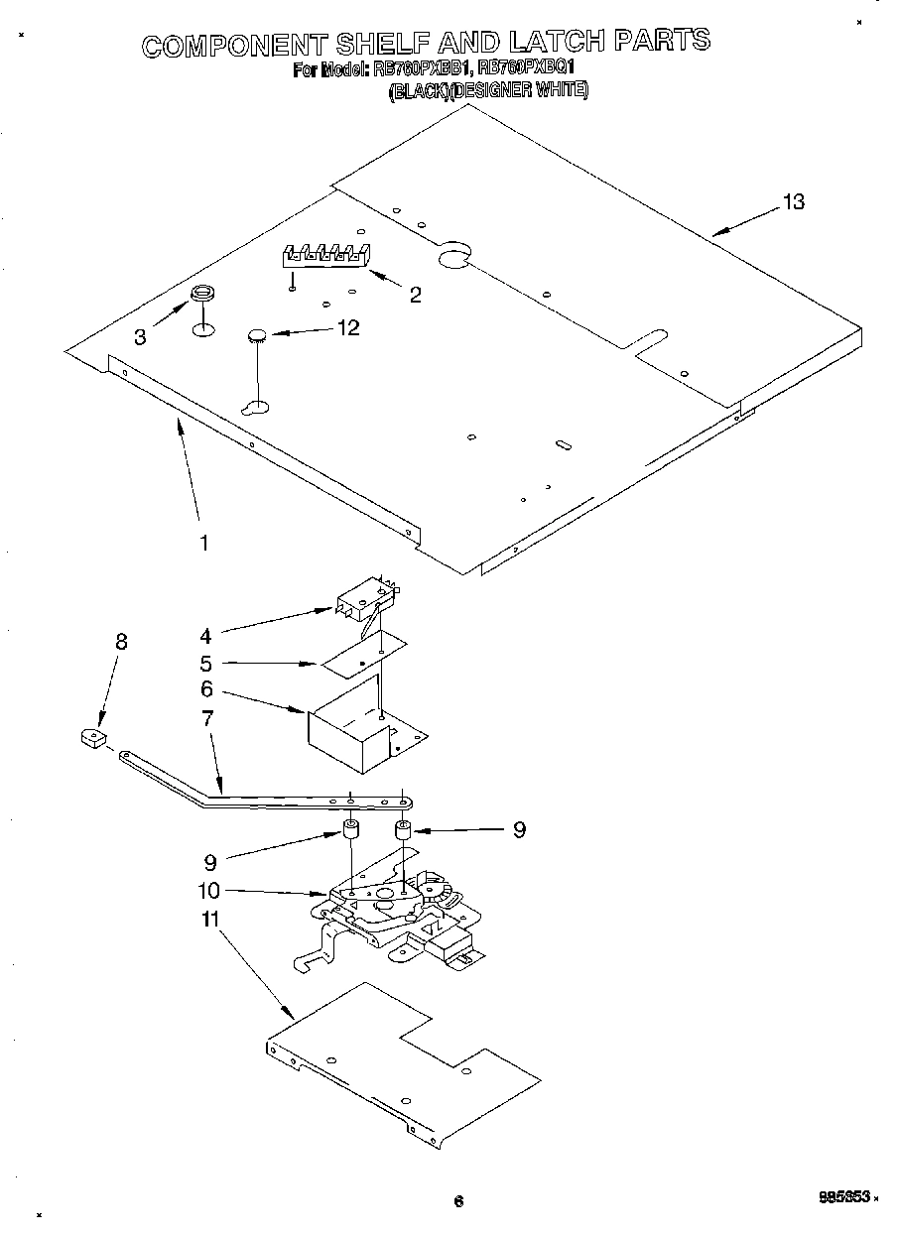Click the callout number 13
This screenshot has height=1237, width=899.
[793, 202]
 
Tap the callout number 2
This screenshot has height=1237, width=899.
[415, 294]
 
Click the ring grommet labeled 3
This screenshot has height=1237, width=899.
[202, 294]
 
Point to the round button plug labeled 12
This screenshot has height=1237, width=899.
[259, 336]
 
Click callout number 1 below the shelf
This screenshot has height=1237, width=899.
[204, 543]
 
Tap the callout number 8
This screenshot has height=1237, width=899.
[121, 641]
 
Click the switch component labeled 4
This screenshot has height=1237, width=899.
[362, 600]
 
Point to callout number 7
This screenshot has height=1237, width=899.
[206, 718]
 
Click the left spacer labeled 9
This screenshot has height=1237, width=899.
[351, 830]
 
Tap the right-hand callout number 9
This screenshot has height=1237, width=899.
[518, 829]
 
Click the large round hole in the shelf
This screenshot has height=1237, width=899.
[453, 257]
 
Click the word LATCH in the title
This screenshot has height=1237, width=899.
[556, 42]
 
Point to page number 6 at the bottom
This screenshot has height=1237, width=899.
[458, 1201]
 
